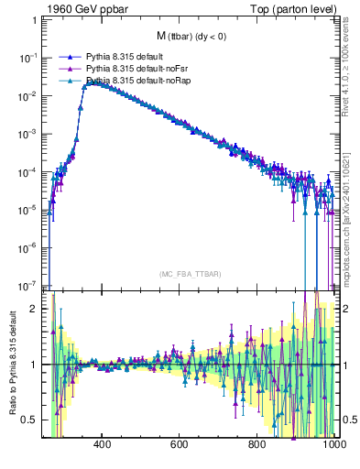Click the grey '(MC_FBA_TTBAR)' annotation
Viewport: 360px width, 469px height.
click(x=191, y=274)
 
